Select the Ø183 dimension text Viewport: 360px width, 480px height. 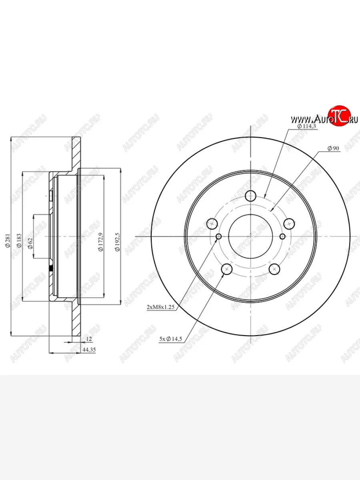pos(19,240)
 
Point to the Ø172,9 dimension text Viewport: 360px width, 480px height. pos(100,242)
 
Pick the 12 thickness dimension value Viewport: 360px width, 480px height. pos(89,339)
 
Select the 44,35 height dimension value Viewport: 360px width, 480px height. pos(89,350)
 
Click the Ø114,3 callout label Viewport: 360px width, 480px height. pos(307,126)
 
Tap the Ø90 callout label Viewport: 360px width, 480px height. pos(333,148)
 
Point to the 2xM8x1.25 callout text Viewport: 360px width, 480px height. pos(161,307)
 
